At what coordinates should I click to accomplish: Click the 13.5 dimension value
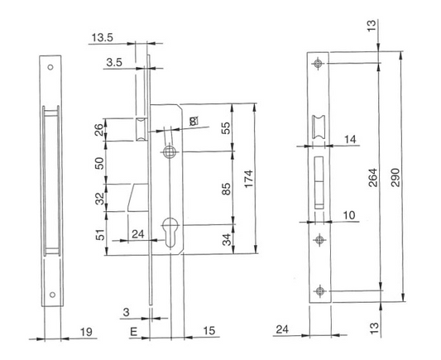(103, 38)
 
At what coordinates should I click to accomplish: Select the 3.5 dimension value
(115, 61)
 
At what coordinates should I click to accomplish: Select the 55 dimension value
(227, 128)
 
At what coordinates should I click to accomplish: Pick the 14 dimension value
(349, 142)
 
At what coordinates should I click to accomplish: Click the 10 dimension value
(350, 214)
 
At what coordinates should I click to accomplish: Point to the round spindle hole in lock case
(170, 152)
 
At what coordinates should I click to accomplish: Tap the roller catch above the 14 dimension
(318, 127)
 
